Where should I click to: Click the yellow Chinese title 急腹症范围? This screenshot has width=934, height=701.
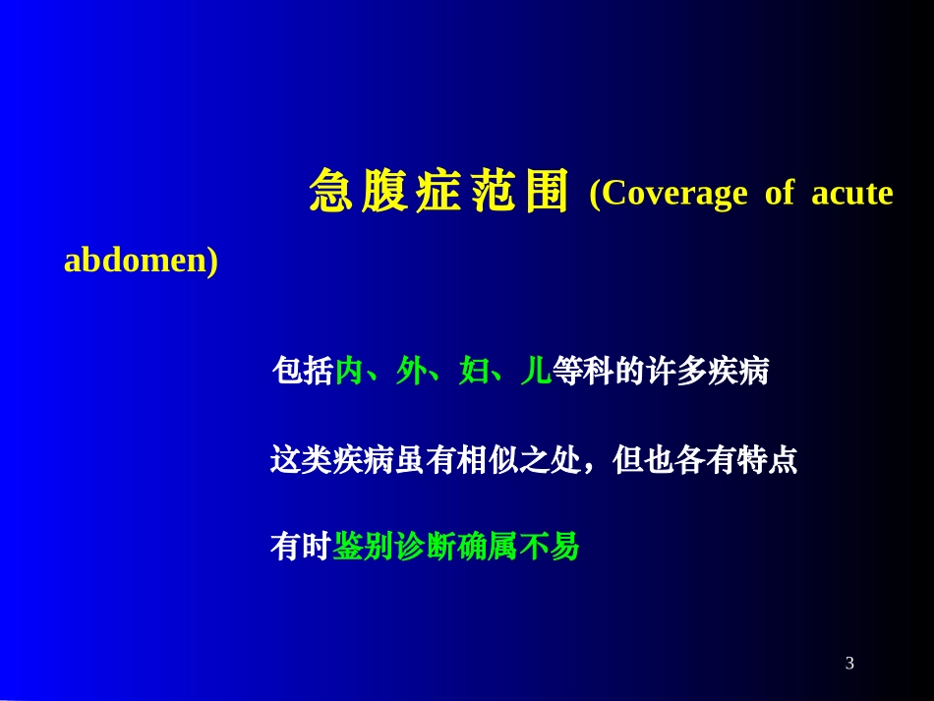(x=438, y=192)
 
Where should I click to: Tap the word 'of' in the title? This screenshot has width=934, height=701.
(x=779, y=194)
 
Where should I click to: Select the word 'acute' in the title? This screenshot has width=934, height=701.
(x=852, y=194)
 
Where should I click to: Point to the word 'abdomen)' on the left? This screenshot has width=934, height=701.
(x=141, y=262)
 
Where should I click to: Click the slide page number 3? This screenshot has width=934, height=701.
(x=849, y=664)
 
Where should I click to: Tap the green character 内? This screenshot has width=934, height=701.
(x=348, y=372)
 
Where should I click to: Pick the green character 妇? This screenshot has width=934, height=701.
(x=473, y=372)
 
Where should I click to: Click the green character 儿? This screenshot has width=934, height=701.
(x=535, y=372)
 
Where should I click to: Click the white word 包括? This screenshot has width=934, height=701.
(x=302, y=372)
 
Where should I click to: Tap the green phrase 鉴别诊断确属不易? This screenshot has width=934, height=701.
(x=456, y=547)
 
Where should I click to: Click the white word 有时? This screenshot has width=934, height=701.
(x=300, y=547)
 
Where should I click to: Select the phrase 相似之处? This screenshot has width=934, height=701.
(x=517, y=460)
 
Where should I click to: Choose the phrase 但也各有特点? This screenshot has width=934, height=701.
(x=704, y=460)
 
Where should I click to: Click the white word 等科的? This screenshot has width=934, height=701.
(x=598, y=372)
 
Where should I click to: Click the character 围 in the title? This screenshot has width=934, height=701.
(x=547, y=192)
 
